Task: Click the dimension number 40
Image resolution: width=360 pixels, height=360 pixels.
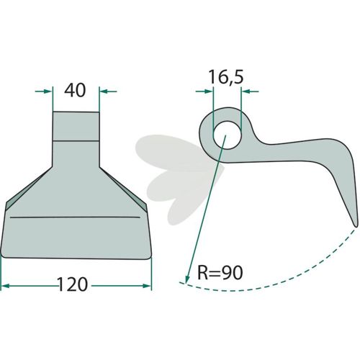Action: pyautogui.click(x=75, y=90)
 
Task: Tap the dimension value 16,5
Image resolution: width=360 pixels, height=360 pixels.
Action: pyautogui.click(x=226, y=77)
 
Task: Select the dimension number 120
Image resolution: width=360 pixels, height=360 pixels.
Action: pyautogui.click(x=73, y=284)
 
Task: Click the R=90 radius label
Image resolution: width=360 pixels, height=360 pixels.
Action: pyautogui.click(x=220, y=273)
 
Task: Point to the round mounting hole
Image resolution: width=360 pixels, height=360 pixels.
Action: pyautogui.click(x=227, y=135)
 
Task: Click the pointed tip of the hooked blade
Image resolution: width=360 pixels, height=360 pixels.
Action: pyautogui.click(x=356, y=226)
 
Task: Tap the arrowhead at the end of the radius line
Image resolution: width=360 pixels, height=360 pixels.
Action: pyautogui.click(x=187, y=278)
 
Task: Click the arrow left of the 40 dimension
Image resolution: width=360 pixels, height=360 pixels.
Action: pyautogui.click(x=43, y=91)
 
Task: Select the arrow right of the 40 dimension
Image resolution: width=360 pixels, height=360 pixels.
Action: pyautogui.click(x=108, y=91)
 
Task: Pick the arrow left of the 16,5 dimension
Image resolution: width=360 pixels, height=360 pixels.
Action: pyautogui.click(x=204, y=91)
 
